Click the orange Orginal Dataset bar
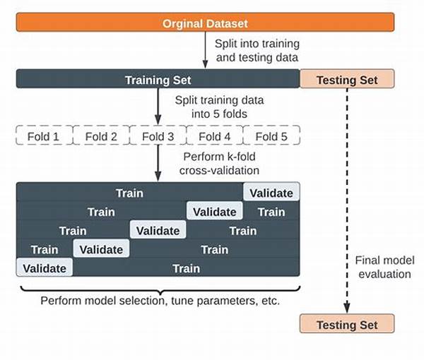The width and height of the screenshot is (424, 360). point(205,23)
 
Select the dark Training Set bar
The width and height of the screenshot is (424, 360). point(158,79)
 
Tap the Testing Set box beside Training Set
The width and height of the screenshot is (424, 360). point(347,79)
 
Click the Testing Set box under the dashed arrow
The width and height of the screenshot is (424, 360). point(347,323)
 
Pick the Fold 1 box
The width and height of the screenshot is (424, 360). point(45,136)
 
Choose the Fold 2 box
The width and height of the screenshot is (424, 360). point(101,136)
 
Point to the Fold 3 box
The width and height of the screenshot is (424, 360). point(158,136)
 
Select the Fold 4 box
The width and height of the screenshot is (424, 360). point(215,136)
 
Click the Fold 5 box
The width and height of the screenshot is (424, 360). point(272,136)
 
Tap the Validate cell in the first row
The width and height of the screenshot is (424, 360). point(271,192)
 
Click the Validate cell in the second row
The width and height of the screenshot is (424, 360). point(215,210)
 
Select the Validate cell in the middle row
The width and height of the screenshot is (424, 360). point(158,229)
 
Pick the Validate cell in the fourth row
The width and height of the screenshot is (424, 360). point(101,248)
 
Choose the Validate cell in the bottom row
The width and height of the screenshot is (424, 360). point(45,268)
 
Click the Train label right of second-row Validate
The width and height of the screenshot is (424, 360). point(271,212)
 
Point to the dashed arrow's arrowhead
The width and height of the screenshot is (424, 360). point(347,308)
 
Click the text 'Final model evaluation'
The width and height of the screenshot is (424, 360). point(385,268)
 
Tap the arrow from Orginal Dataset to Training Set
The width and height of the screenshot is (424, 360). point(205,50)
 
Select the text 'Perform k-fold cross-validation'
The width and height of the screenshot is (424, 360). point(219,164)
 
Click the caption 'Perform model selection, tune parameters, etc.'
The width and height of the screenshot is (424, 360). point(160,301)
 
